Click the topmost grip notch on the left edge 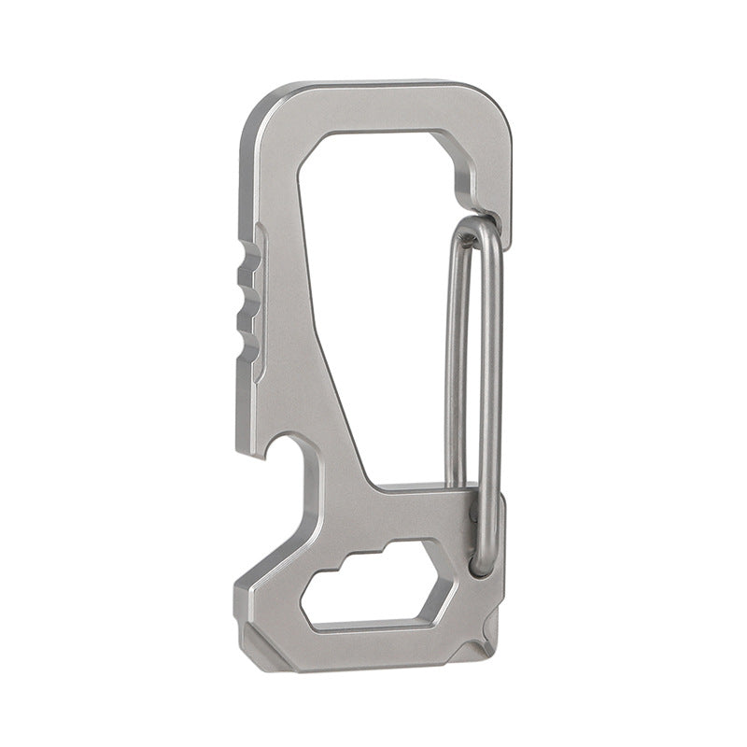tap(247, 253)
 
